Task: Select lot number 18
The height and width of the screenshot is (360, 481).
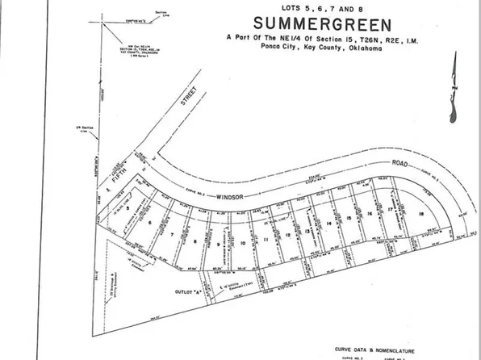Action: point(421,214)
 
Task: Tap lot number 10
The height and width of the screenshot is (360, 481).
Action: point(243,242)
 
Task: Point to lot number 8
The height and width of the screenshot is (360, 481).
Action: point(194,241)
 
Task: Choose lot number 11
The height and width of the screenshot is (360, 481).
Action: point(266,239)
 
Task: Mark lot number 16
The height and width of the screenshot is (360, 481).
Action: point(368,214)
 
